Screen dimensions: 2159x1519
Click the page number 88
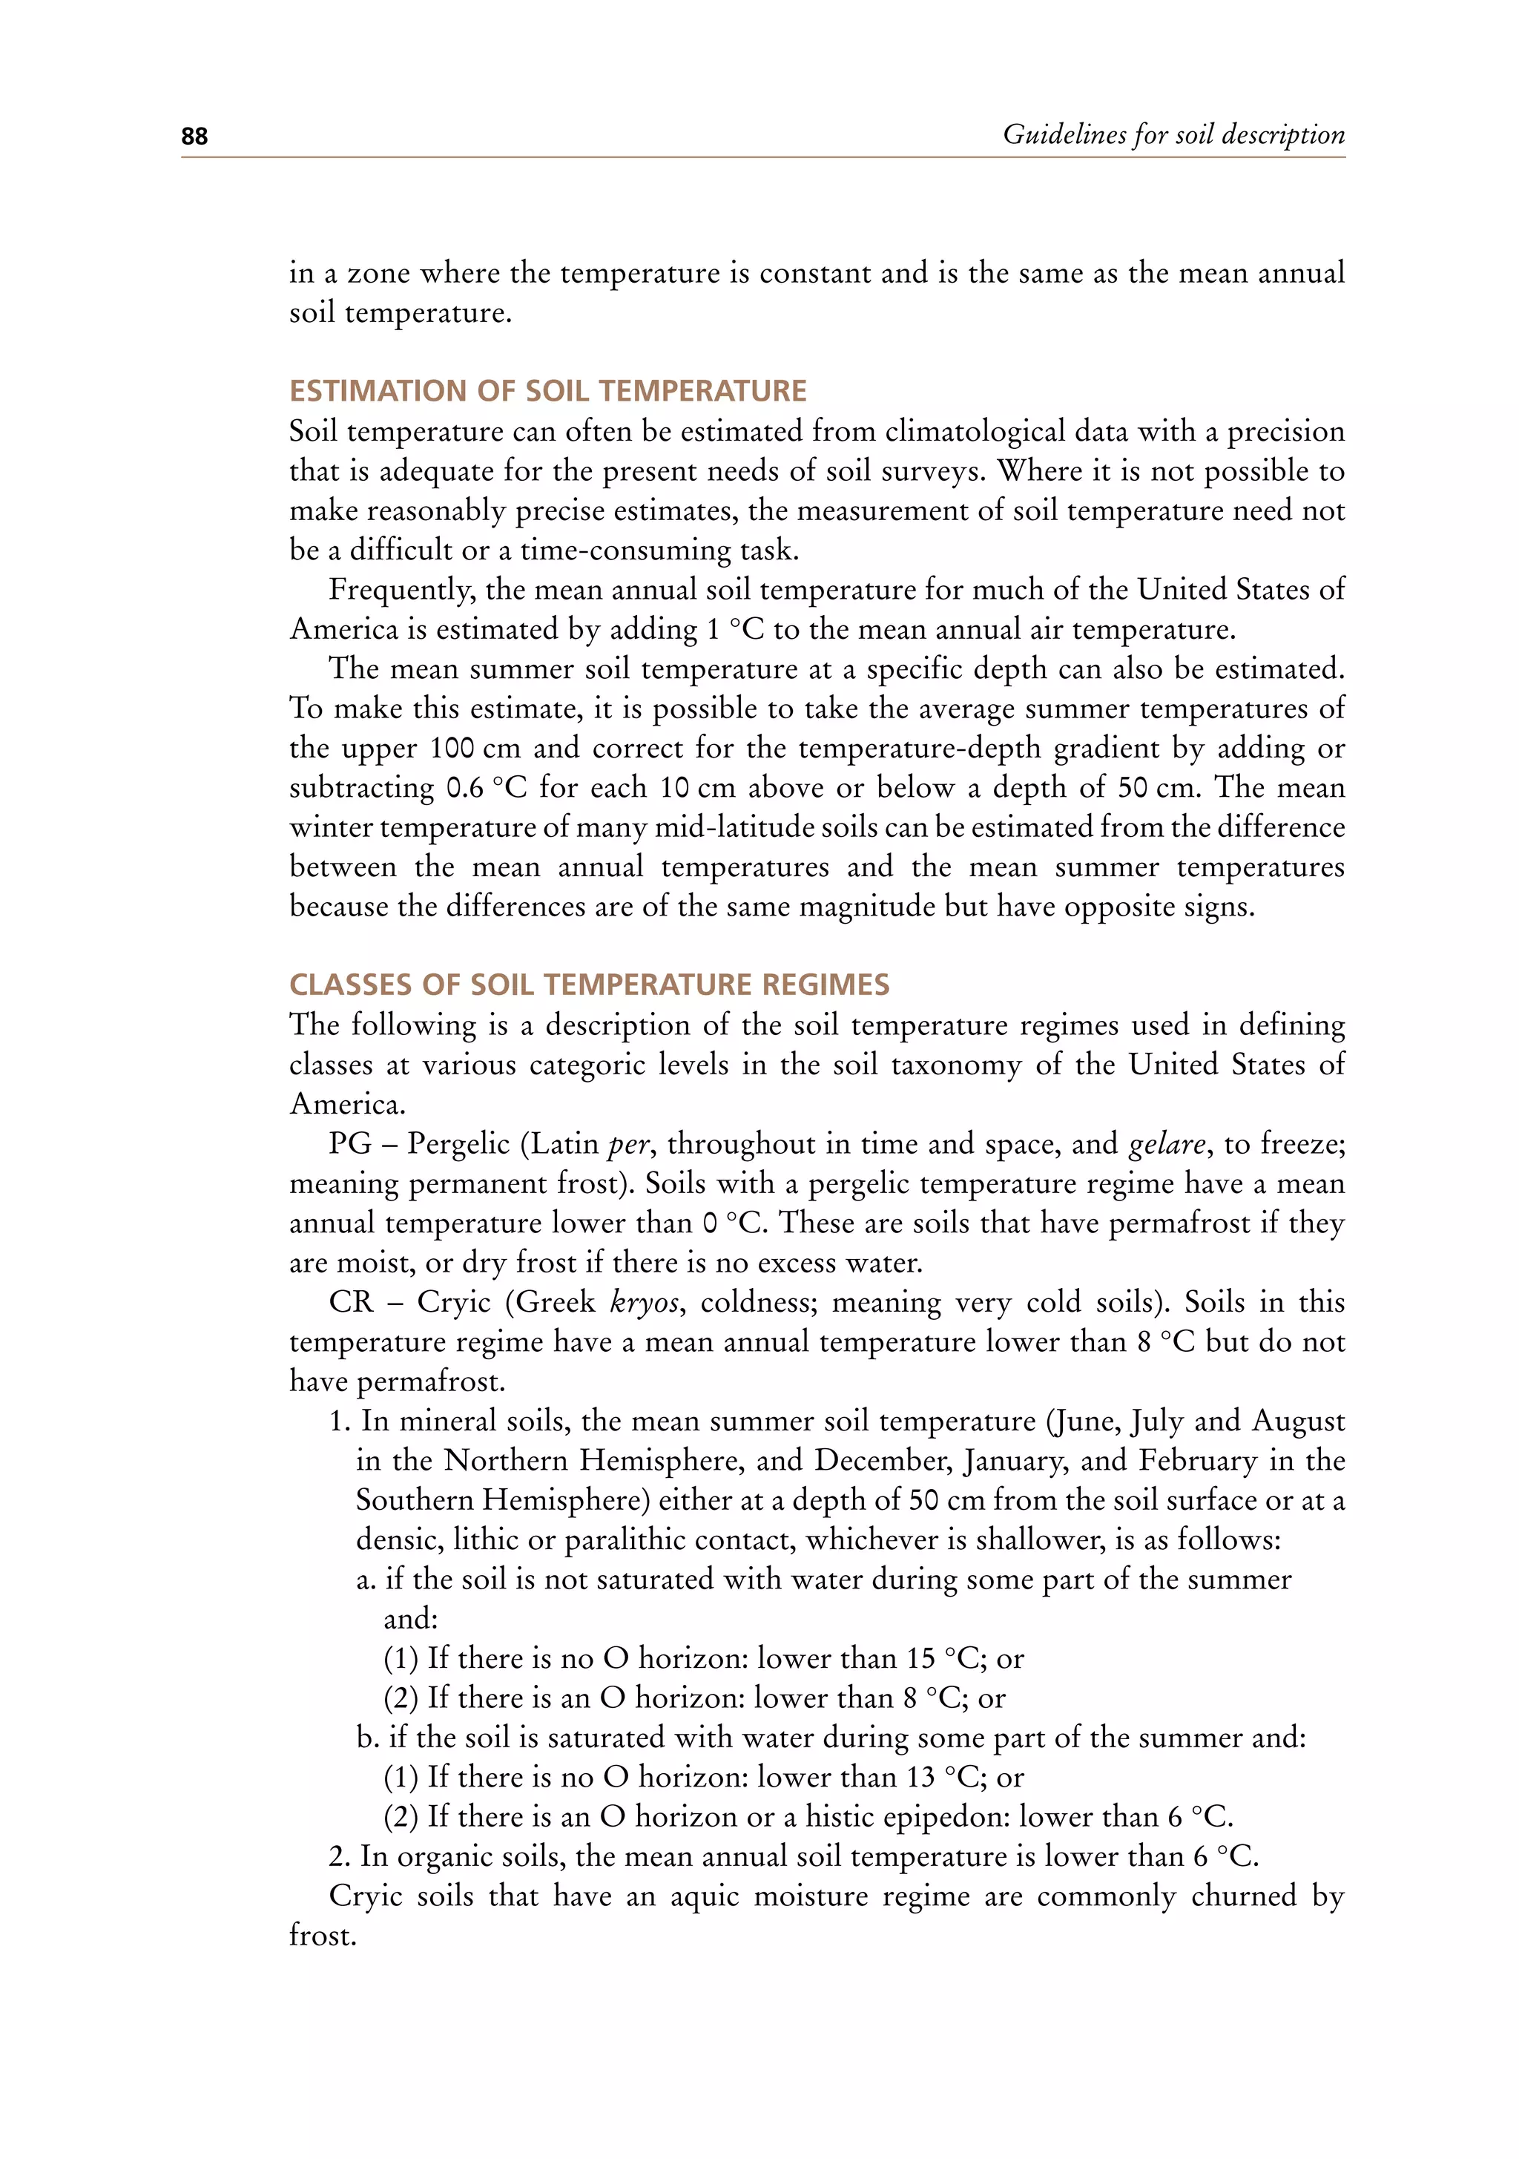[x=194, y=137]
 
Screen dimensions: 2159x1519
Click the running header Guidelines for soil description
[x=1173, y=134]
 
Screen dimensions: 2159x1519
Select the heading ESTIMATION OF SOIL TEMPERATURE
[x=547, y=390]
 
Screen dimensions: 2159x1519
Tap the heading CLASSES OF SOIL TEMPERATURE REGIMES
[x=588, y=985]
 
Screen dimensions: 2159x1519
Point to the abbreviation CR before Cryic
[x=352, y=1301]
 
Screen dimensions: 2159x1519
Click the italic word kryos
[x=644, y=1302]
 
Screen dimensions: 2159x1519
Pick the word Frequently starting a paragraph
[x=401, y=590]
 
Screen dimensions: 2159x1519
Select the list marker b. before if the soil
[x=368, y=1737]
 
